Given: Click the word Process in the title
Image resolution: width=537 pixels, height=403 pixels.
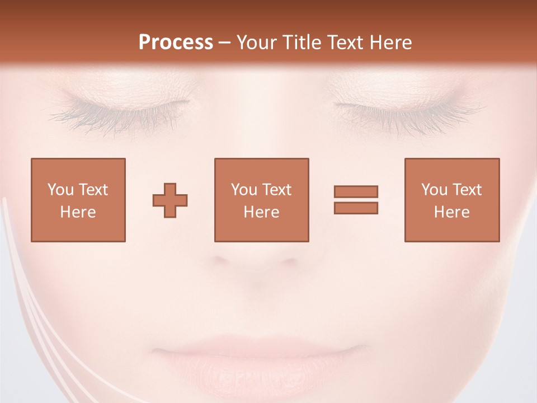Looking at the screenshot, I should tap(176, 43).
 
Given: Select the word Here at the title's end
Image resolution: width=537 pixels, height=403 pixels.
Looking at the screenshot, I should tap(392, 43).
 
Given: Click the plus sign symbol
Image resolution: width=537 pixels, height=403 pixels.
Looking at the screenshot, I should tap(170, 200).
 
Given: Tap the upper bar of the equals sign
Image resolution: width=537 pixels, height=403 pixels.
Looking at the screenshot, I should tap(356, 191).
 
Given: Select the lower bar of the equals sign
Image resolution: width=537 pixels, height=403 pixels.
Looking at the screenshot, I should tap(356, 208).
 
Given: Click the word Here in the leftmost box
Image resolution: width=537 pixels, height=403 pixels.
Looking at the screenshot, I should tap(78, 212).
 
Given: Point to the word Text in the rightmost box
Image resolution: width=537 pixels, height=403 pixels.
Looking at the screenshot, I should tap(467, 190).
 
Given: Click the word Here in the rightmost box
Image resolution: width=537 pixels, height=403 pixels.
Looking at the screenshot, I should tap(452, 212).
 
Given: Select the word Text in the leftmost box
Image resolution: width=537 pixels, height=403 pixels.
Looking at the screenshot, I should tap(93, 190).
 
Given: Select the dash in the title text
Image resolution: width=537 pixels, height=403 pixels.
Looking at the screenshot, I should tap(225, 43).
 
